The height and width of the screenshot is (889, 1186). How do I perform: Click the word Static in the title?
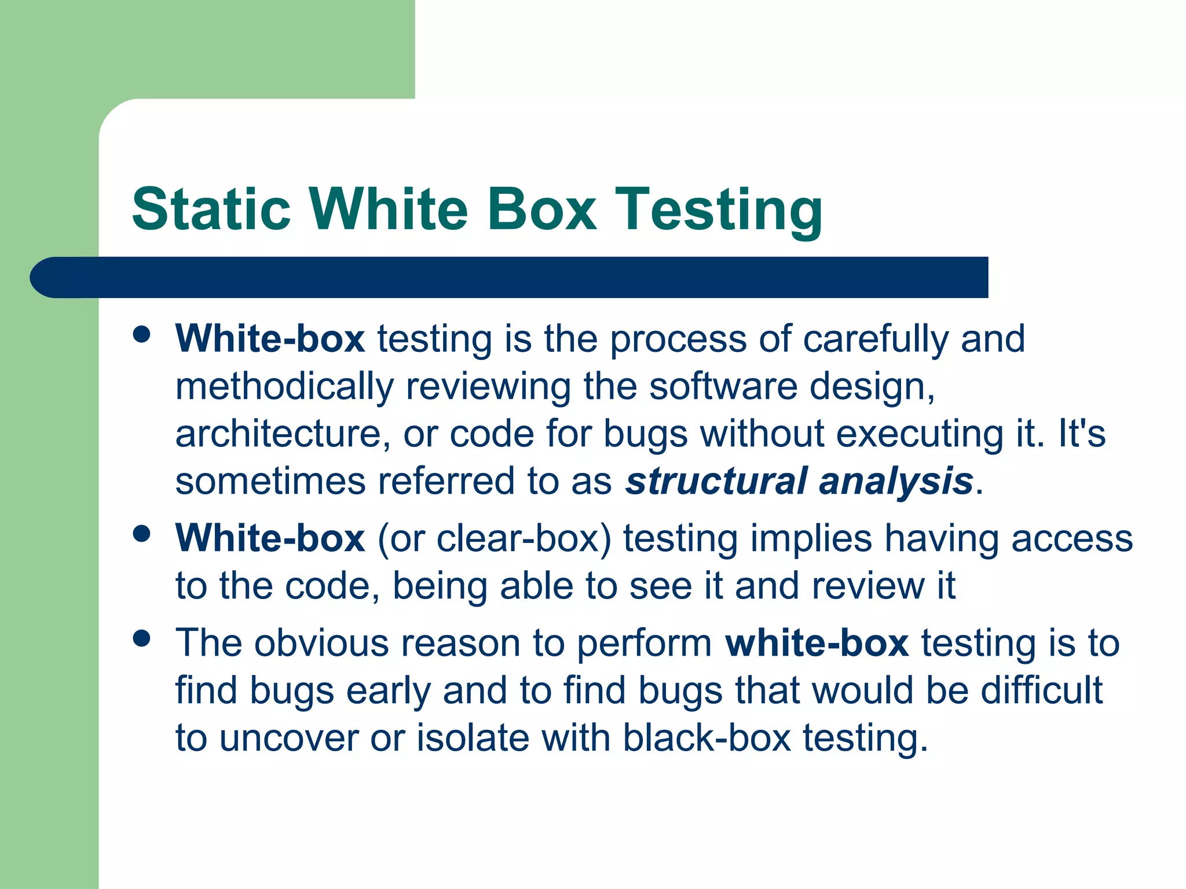[211, 209]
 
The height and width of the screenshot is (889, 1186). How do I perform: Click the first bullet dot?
[141, 335]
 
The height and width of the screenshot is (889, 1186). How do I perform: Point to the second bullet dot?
[141, 534]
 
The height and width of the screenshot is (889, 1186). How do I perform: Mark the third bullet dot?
[141, 639]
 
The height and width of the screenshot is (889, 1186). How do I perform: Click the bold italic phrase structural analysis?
[799, 482]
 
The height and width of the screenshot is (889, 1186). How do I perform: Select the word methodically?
[284, 387]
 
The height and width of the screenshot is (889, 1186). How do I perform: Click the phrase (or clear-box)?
[495, 538]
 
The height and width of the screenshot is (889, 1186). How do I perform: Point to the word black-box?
[707, 738]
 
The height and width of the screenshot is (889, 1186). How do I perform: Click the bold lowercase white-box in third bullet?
[817, 643]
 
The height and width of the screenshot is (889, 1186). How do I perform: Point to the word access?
[1072, 539]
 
